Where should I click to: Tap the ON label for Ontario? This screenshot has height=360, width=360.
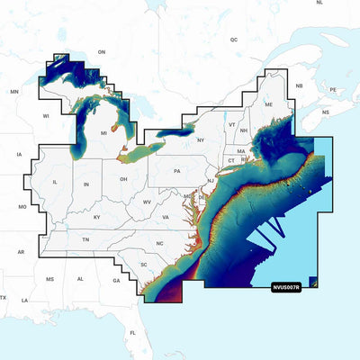102,52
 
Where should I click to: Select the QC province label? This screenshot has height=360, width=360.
234,40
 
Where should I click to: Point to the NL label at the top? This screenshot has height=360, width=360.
319,4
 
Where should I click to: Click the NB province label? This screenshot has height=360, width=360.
300,85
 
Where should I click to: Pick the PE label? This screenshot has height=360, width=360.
333,90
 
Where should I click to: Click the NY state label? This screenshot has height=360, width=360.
201,140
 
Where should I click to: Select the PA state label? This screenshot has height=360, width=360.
178,170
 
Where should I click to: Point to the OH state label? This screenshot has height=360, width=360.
122,179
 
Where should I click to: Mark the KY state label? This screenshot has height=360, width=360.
96,217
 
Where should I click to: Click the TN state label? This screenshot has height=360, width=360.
86,240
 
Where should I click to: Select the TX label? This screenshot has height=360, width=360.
4,297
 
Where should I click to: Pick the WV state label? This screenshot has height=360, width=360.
146,202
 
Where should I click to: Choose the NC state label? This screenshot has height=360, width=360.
160,244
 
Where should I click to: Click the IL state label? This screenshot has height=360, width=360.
56,182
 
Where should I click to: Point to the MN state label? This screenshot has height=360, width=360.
14,92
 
